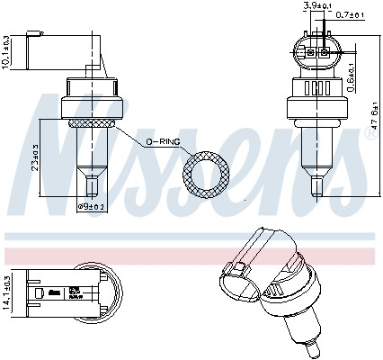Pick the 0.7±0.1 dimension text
349,15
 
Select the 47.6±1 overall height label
371,117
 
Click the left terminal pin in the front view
308,51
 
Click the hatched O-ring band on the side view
88,122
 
